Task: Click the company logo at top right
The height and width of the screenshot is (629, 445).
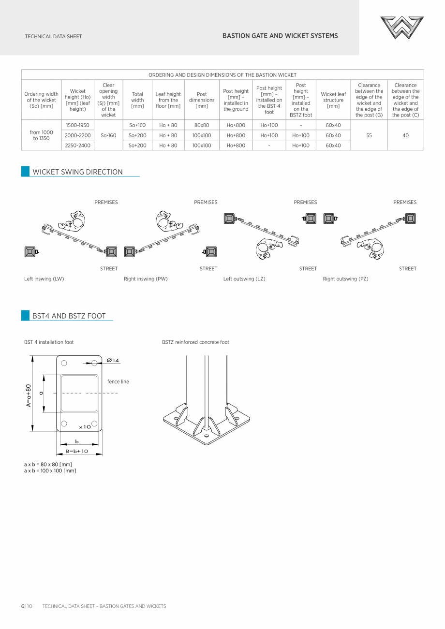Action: pos(401,28)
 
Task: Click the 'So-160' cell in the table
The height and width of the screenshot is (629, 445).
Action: pos(108,135)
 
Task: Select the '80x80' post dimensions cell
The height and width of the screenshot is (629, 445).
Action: pos(202,125)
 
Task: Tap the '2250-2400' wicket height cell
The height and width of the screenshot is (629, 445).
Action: pos(77,145)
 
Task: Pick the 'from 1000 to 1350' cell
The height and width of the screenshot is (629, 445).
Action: pos(41,135)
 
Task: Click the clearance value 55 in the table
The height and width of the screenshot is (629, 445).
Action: pos(369,135)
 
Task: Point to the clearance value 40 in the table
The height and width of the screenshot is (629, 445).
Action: pos(405,135)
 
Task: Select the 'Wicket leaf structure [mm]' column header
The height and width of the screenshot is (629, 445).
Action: pos(333,100)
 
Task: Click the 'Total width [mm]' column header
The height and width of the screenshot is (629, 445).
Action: pos(137,100)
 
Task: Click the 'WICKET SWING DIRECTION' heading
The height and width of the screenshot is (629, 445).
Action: pos(77,172)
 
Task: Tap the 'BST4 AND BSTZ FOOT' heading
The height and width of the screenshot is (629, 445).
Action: pos(69,316)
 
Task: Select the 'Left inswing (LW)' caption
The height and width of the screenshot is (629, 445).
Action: pos(44,279)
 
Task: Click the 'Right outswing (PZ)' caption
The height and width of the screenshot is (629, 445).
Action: pos(345,279)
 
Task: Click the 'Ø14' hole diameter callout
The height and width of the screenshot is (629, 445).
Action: pos(113,361)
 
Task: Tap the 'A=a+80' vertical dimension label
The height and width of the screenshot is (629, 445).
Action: pos(29,395)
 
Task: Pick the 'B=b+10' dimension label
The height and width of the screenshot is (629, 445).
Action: pos(77,451)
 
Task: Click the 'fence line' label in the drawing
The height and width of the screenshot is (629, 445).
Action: pos(118,382)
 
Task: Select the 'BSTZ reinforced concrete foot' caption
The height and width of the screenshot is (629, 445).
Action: pos(195,342)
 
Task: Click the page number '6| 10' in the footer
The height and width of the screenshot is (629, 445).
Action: pos(26,606)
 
